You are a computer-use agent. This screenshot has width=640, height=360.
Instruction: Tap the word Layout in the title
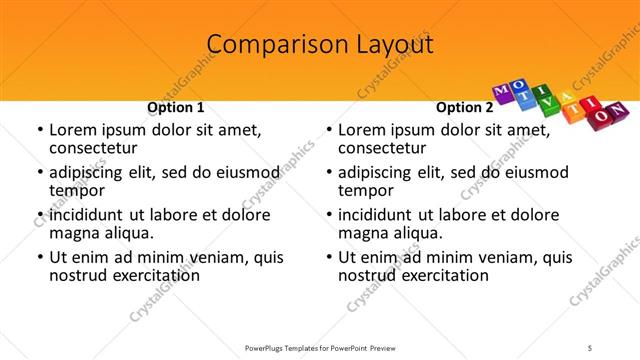pyautogui.click(x=395, y=45)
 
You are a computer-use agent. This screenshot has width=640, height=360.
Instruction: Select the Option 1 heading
pyautogui.click(x=176, y=107)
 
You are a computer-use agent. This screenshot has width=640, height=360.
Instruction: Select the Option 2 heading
pyautogui.click(x=464, y=107)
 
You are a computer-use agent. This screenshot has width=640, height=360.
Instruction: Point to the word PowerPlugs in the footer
pyautogui.click(x=269, y=347)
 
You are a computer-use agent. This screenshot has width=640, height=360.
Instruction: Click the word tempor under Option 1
pyautogui.click(x=77, y=190)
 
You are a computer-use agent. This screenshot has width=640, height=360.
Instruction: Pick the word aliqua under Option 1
pyautogui.click(x=127, y=233)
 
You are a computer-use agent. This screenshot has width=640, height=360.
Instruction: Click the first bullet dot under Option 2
pyautogui.click(x=328, y=130)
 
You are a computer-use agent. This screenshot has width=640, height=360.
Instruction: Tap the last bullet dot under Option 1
pyautogui.click(x=39, y=257)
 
